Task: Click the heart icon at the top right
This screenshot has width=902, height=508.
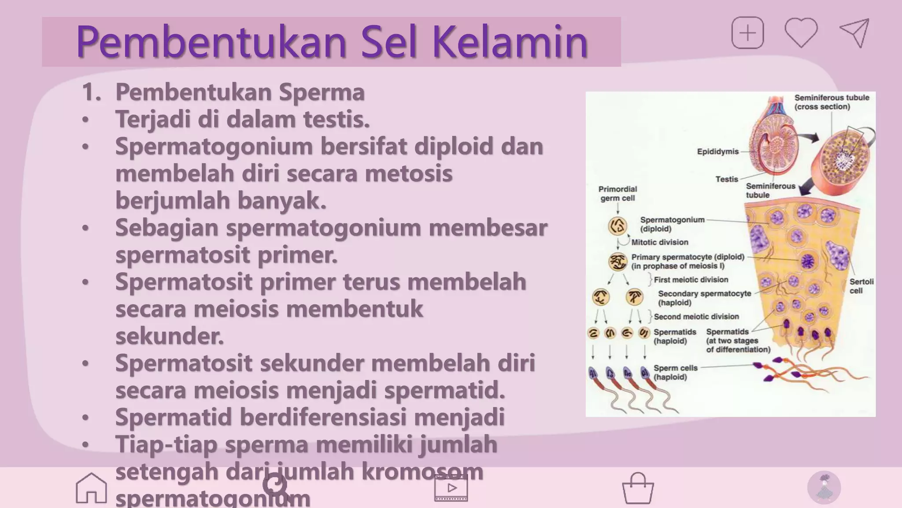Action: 801,33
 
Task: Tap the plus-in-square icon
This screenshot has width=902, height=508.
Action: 747,33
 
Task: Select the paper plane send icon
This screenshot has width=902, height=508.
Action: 855,33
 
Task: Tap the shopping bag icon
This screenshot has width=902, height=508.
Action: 638,488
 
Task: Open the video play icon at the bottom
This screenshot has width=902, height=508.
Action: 451,488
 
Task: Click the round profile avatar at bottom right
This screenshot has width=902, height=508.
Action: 824,488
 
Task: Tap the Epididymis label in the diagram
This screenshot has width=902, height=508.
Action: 717,152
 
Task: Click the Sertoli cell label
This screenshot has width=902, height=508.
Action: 861,286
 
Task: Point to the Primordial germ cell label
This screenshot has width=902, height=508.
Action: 617,194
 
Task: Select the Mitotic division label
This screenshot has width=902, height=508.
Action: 659,242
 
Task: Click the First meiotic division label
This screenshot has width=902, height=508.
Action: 691,280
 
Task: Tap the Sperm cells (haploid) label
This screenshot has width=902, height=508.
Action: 675,372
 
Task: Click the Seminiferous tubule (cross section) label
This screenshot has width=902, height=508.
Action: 831,102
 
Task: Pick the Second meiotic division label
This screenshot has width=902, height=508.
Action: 696,317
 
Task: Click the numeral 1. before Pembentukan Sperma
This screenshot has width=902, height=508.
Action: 91,92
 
